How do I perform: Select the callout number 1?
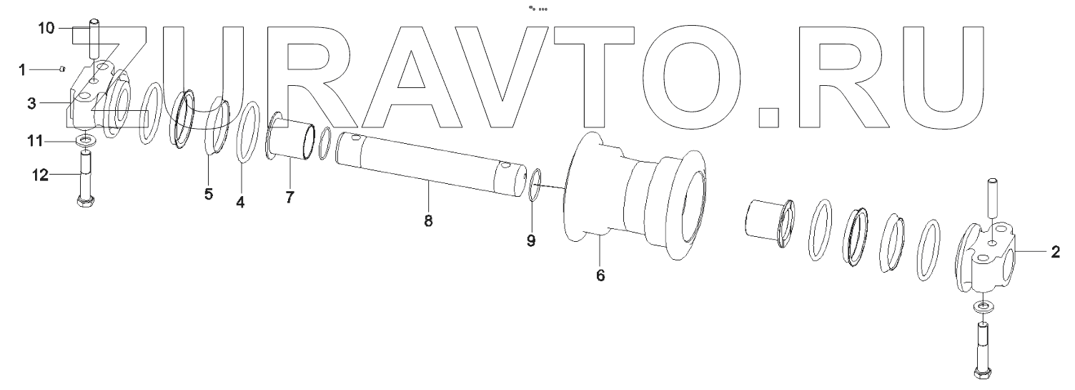(22, 69)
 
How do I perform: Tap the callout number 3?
(31, 104)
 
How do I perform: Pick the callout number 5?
(208, 195)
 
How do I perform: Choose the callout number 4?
(241, 203)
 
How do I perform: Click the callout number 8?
(428, 221)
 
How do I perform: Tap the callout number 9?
(531, 241)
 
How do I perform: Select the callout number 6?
(600, 276)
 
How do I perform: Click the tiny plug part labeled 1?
(63, 69)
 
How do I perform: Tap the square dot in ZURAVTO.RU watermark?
(768, 117)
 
